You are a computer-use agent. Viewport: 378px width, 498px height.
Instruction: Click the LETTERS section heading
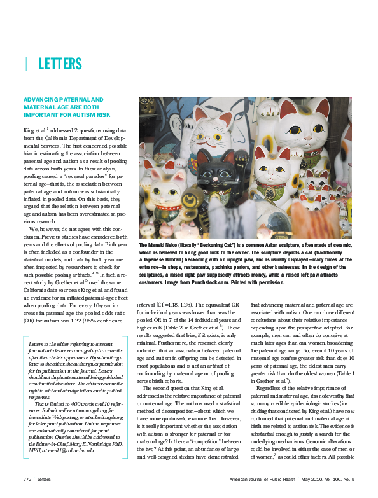click(60, 64)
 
